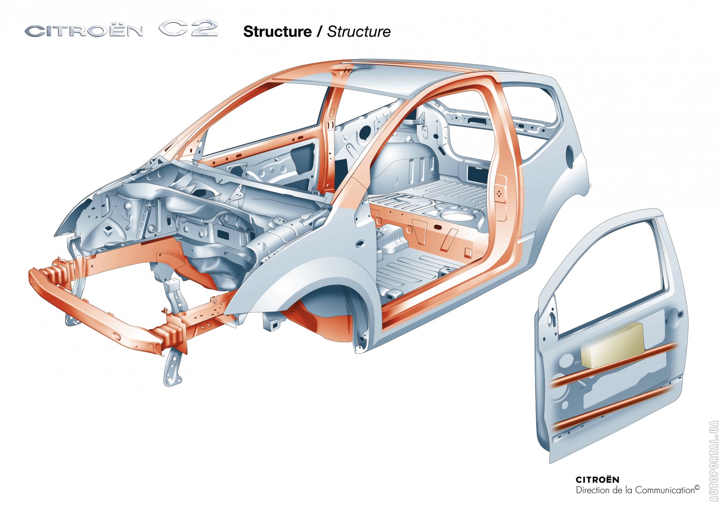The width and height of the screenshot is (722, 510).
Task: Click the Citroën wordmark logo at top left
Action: [x=83, y=31]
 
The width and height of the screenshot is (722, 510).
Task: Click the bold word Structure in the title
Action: [x=277, y=32]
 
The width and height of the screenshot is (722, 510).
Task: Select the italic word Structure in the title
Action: [x=359, y=32]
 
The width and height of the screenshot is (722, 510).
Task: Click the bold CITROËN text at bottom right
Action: [x=597, y=480]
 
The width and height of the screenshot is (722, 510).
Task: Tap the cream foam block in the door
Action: [x=612, y=345]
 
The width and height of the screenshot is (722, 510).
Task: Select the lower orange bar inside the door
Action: [x=614, y=408]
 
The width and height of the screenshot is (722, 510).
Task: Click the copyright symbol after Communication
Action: [x=697, y=487]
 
